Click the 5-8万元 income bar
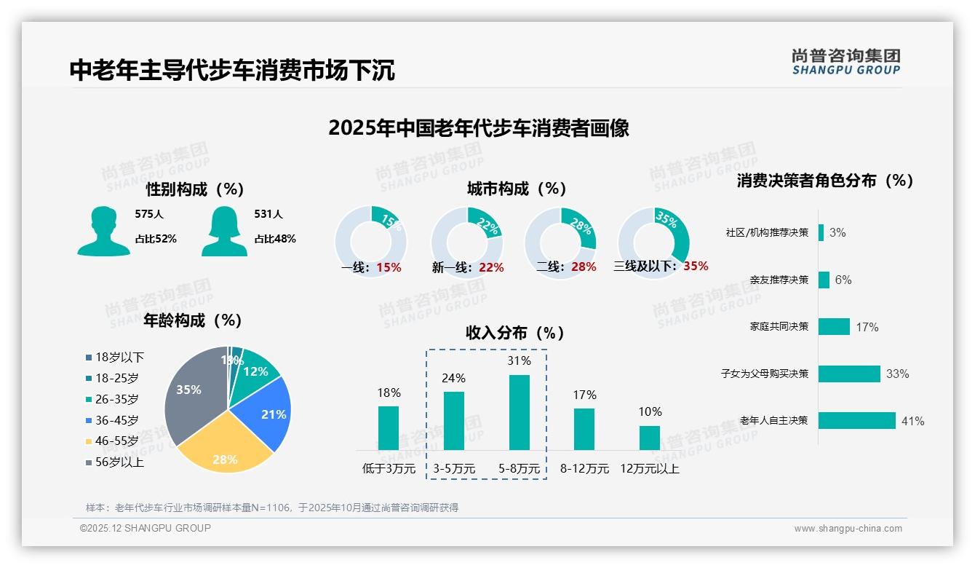click(x=519, y=412)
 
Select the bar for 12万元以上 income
click(x=649, y=438)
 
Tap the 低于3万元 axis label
click(x=389, y=469)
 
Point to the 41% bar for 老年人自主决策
click(x=856, y=421)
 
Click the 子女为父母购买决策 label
click(x=764, y=374)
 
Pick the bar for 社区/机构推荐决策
click(x=821, y=232)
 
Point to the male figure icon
click(x=103, y=231)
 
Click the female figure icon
click(x=224, y=231)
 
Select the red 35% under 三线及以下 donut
click(x=696, y=267)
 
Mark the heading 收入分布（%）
click(x=514, y=334)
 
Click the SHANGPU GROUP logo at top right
click(x=845, y=62)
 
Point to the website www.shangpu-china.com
click(x=848, y=529)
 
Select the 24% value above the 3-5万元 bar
click(x=454, y=379)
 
